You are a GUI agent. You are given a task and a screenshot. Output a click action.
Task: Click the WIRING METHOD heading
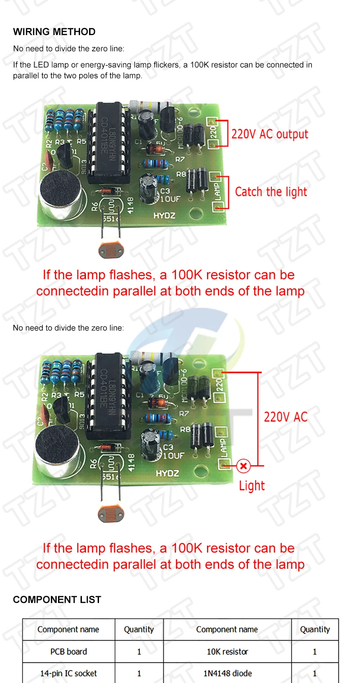click(54, 32)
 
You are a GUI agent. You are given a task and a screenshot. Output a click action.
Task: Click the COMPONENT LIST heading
click(57, 599)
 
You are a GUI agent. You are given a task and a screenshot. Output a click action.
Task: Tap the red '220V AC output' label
click(270, 134)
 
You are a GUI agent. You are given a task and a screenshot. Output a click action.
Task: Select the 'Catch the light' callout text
click(271, 192)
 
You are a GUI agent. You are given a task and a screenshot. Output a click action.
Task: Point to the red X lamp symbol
click(243, 466)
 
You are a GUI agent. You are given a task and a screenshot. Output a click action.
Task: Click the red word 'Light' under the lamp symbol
click(252, 485)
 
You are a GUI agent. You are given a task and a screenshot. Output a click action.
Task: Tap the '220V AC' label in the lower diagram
click(286, 417)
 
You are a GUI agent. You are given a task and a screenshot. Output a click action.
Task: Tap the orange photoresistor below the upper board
click(110, 250)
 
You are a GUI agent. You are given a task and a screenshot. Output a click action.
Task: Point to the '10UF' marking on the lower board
click(173, 455)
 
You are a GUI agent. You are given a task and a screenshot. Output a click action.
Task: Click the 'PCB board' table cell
click(68, 651)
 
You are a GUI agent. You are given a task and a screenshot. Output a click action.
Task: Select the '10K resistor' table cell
click(227, 651)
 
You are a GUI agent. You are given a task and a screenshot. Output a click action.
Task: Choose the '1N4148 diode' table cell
click(227, 673)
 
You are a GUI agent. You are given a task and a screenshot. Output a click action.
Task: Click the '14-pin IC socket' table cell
click(68, 673)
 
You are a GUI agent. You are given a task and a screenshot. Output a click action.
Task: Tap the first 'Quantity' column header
click(139, 629)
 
